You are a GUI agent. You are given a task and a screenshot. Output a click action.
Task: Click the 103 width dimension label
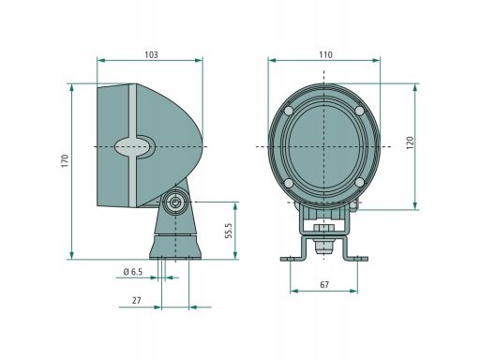coord(151,54)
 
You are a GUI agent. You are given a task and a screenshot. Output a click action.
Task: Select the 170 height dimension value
coord(65,161)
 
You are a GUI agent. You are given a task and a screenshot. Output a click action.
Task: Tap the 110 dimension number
coord(325,54)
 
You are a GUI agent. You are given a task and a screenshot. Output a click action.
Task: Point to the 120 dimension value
coord(410,142)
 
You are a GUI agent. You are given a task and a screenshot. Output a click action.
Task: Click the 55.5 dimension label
coord(229,231)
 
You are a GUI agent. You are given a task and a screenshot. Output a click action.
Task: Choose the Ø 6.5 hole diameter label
coord(133,272)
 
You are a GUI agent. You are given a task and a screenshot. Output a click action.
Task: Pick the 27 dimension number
coord(137,301)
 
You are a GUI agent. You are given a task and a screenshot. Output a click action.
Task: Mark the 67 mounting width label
coord(324,285)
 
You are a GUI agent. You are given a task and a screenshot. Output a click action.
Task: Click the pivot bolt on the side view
coord(175,202)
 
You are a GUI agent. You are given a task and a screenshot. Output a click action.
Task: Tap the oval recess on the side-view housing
coord(134,146)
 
